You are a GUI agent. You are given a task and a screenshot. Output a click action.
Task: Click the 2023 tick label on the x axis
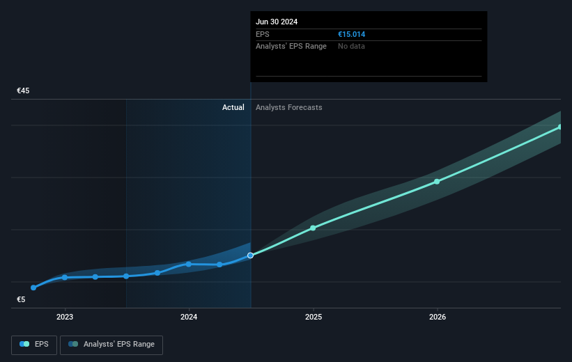[x=65, y=317]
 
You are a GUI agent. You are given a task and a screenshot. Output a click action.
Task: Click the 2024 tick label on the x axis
[x=189, y=317]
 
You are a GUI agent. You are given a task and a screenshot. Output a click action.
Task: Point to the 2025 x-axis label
[x=313, y=317]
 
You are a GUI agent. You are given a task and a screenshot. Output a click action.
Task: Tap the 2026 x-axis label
[x=438, y=317]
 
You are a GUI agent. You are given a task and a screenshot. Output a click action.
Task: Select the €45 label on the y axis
[x=24, y=91]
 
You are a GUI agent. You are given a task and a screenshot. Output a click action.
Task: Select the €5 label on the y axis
[x=22, y=300]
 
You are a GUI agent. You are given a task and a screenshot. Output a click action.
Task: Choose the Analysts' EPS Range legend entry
[x=111, y=344]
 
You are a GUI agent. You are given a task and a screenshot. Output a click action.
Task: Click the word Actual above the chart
[x=233, y=107]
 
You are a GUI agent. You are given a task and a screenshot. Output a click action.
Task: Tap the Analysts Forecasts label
[x=289, y=107]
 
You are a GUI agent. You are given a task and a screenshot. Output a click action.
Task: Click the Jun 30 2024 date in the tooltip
[x=277, y=22]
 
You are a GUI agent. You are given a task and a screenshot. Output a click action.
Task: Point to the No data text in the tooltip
[x=351, y=46]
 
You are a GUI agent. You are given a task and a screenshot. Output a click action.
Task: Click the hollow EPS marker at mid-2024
[x=251, y=255]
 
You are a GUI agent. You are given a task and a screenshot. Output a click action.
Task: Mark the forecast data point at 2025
[x=313, y=228]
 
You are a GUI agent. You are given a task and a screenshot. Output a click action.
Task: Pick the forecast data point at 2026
[x=437, y=182]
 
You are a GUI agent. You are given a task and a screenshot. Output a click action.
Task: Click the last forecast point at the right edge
[x=560, y=127]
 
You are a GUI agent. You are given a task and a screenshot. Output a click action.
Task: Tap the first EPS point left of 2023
[x=33, y=288]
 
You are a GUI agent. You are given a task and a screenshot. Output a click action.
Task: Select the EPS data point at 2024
[x=189, y=264]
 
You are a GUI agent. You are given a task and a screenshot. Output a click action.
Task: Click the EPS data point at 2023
[x=65, y=277]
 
